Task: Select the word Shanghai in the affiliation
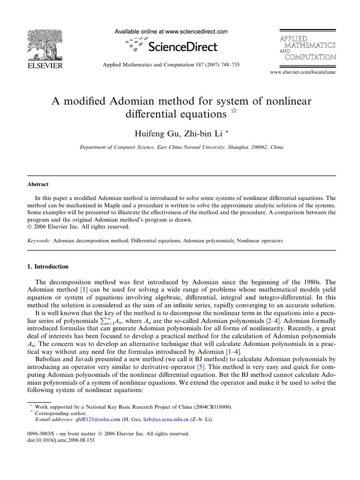click(x=225, y=147)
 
